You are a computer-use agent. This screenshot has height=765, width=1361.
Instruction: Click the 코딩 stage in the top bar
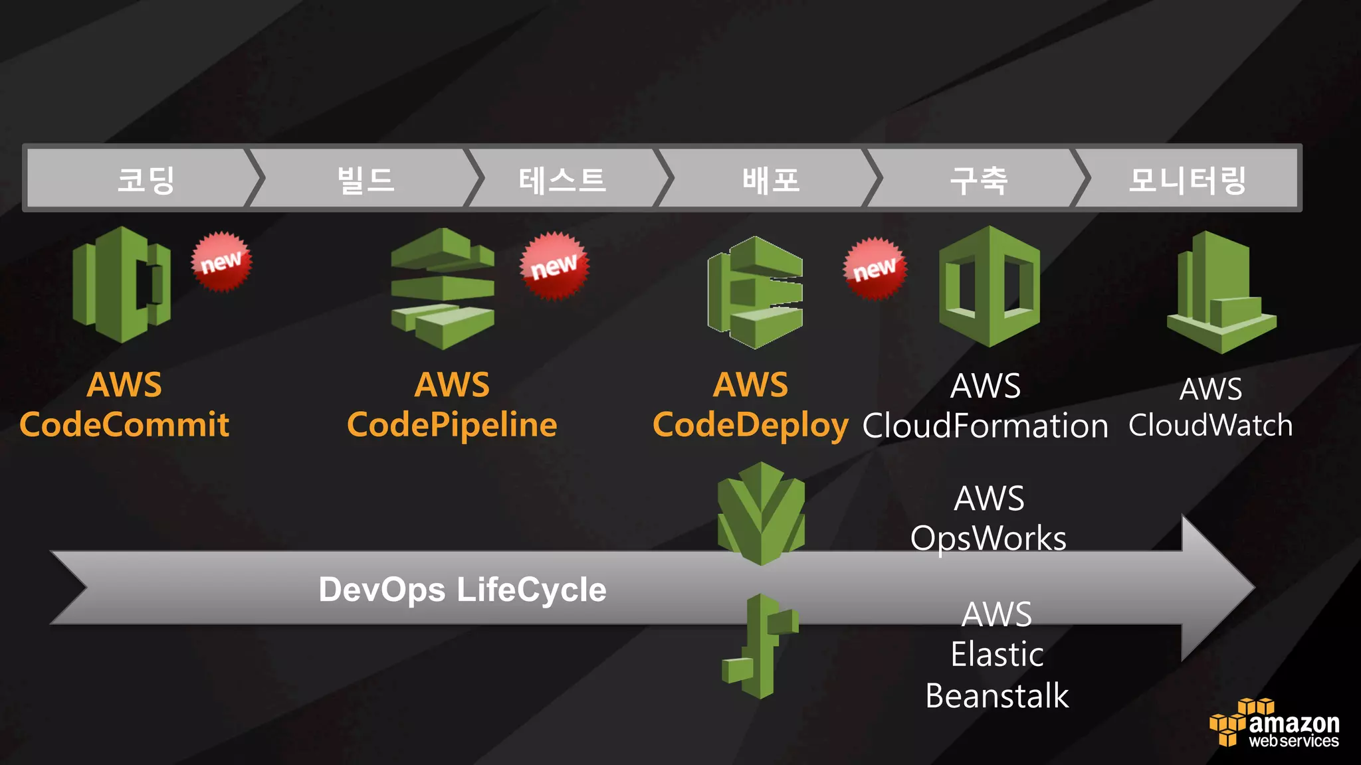coord(146,180)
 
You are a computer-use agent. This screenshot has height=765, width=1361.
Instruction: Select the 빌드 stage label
coord(366,180)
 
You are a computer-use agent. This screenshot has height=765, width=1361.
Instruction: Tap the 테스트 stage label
coord(562,180)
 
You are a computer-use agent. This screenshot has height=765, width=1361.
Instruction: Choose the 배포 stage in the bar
coord(771,180)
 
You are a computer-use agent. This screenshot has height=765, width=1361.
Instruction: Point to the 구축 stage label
coord(979,180)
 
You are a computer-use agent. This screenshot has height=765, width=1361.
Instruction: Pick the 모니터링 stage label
coord(1188,180)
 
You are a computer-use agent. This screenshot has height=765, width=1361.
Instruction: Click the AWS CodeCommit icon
coord(122,284)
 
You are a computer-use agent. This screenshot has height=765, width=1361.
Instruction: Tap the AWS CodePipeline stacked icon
coord(443,288)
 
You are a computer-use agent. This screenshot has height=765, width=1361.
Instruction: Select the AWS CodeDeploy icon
coord(756,292)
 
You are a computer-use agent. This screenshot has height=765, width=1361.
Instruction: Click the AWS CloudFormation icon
coord(990,286)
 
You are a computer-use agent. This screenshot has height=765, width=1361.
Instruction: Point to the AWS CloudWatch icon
coord(1221,292)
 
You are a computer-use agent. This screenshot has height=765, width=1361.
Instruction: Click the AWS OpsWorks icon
coord(762,513)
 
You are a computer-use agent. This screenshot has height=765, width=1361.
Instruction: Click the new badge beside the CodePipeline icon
coord(554,266)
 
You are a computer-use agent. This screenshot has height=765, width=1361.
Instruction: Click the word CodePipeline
coord(452,425)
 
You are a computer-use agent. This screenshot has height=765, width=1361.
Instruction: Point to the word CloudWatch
coord(1211,425)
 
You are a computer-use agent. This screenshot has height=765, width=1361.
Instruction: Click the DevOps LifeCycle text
coord(463,590)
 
